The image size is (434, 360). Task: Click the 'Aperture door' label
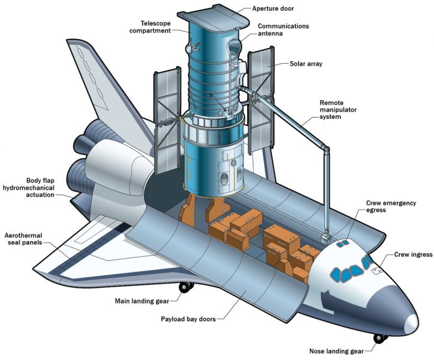pos(273,8)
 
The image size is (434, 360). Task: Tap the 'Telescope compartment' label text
pos(150,27)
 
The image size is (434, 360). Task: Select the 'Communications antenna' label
pos(283,29)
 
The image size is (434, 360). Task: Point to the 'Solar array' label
pos(306,64)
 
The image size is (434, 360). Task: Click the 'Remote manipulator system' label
pos(338,110)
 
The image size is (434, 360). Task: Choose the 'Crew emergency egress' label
pos(391,206)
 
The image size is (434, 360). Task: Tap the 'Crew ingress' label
pos(413,254)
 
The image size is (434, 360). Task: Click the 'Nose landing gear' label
pos(336,352)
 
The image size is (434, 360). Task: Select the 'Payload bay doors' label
pos(188,319)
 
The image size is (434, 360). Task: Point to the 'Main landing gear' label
pos(141,301)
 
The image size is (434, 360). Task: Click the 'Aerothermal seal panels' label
pos(23,239)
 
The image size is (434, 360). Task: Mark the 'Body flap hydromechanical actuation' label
pos(29,188)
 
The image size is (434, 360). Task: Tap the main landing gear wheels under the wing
pos(186,287)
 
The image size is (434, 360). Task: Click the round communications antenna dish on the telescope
pos(234,46)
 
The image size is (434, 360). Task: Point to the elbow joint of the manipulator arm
pos(327,150)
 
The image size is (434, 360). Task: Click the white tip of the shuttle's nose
pos(412,324)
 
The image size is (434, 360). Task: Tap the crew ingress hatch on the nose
pos(376,271)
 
